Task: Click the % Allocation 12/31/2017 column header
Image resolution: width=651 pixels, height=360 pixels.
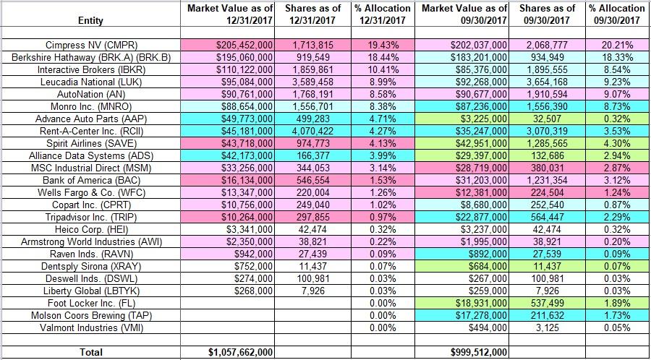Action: pyautogui.click(x=383, y=14)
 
